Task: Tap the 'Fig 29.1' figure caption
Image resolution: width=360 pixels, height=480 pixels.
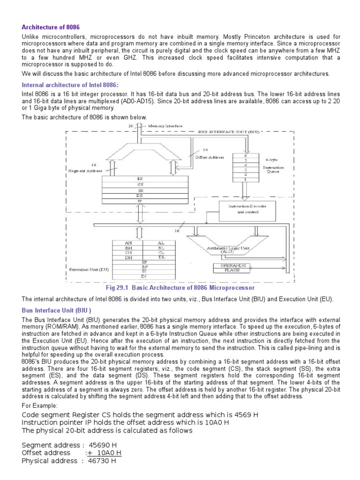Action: tap(180, 287)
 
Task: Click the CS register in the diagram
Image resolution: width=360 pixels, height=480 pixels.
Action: tap(140, 184)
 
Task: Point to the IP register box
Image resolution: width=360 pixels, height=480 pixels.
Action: tap(140, 201)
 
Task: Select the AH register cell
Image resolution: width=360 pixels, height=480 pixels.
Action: tap(128, 243)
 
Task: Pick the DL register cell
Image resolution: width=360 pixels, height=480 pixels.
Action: tap(161, 257)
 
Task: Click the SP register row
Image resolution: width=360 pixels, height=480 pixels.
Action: tap(144, 262)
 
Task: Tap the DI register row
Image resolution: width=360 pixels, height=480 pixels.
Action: tap(144, 277)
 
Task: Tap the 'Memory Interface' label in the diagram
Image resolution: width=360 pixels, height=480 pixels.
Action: tap(166, 126)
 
